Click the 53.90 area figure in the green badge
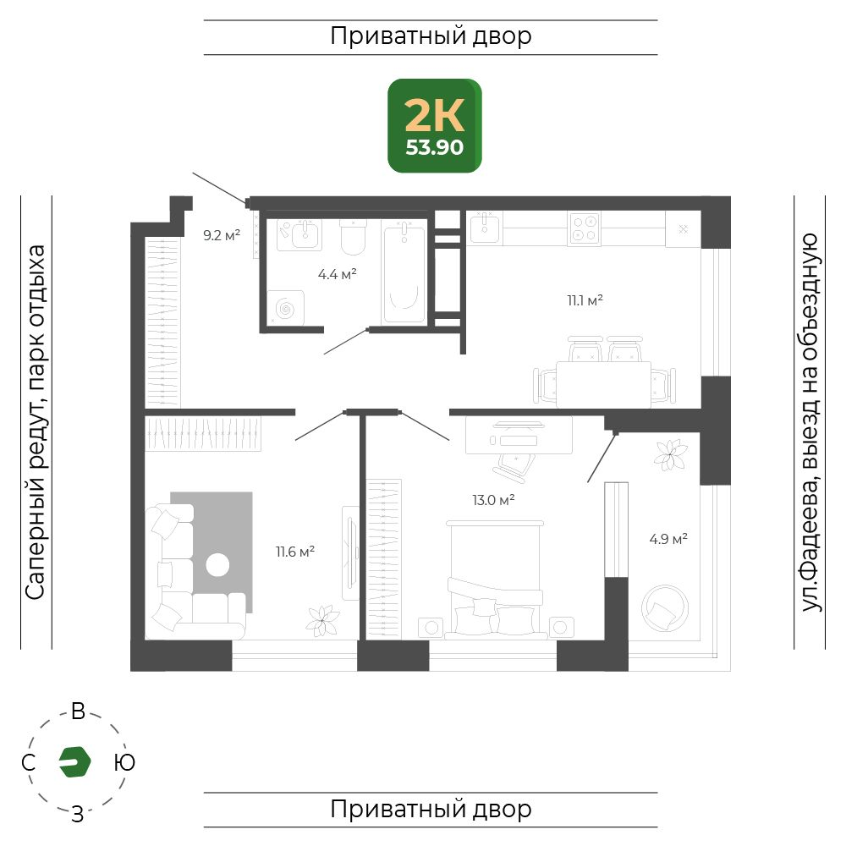(434, 147)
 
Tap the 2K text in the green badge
(434, 115)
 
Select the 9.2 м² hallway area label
(221, 235)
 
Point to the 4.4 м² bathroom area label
(338, 274)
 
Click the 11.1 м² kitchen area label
(585, 300)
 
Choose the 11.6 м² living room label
(295, 552)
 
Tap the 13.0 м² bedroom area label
(493, 500)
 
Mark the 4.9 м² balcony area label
(668, 538)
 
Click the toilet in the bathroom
(354, 237)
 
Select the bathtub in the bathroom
(404, 273)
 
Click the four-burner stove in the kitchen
(585, 228)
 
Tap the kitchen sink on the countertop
(485, 228)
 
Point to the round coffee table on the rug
(217, 565)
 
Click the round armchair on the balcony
(665, 608)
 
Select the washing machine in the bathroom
(286, 308)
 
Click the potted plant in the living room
(322, 620)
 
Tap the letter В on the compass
(78, 711)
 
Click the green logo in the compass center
(75, 762)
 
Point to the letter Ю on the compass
(124, 762)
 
